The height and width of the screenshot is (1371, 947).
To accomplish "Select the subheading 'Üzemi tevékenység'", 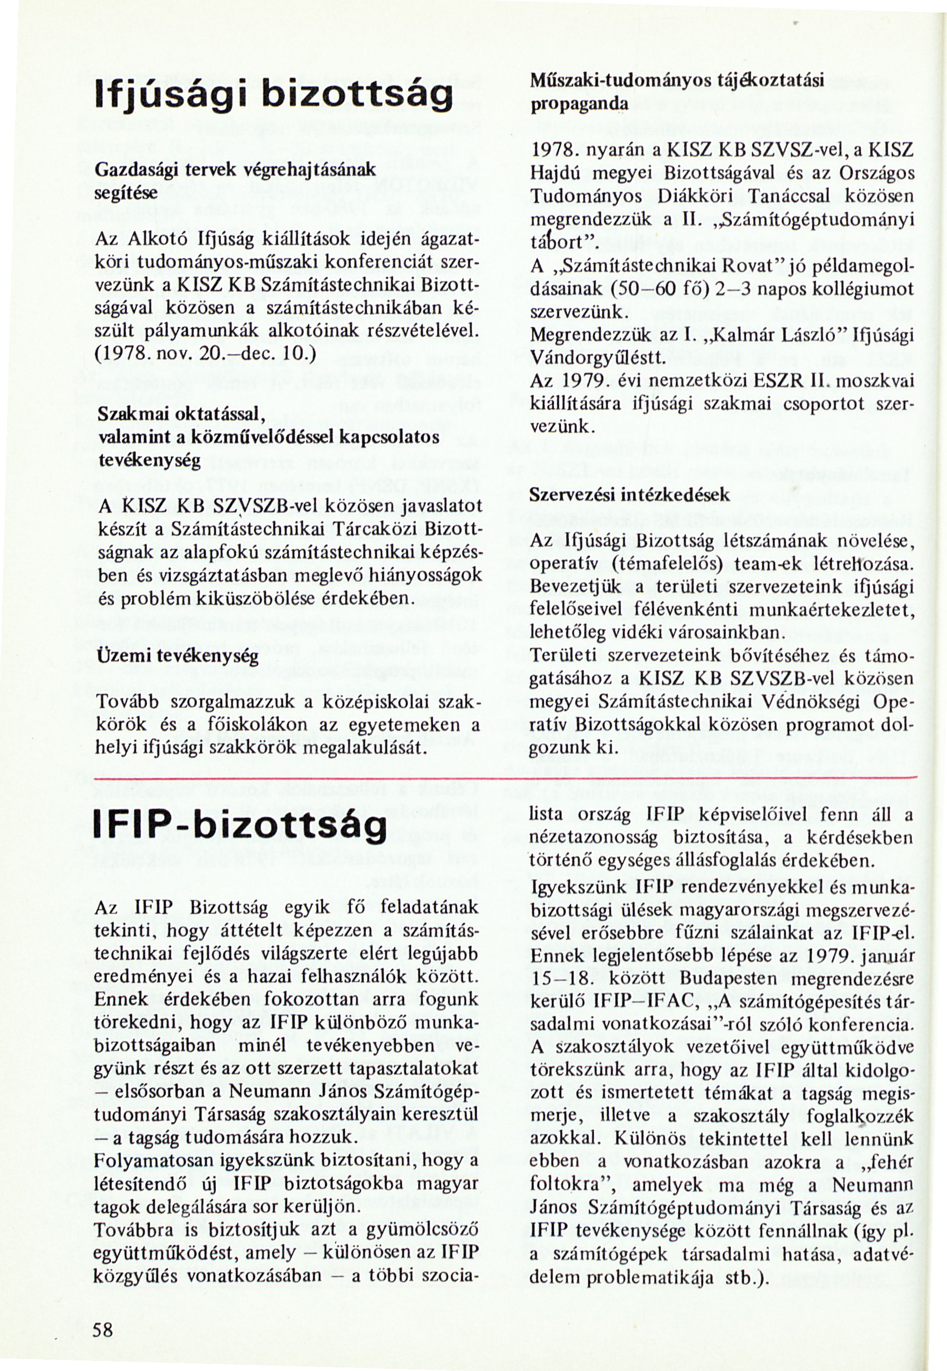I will pyautogui.click(x=176, y=657).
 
